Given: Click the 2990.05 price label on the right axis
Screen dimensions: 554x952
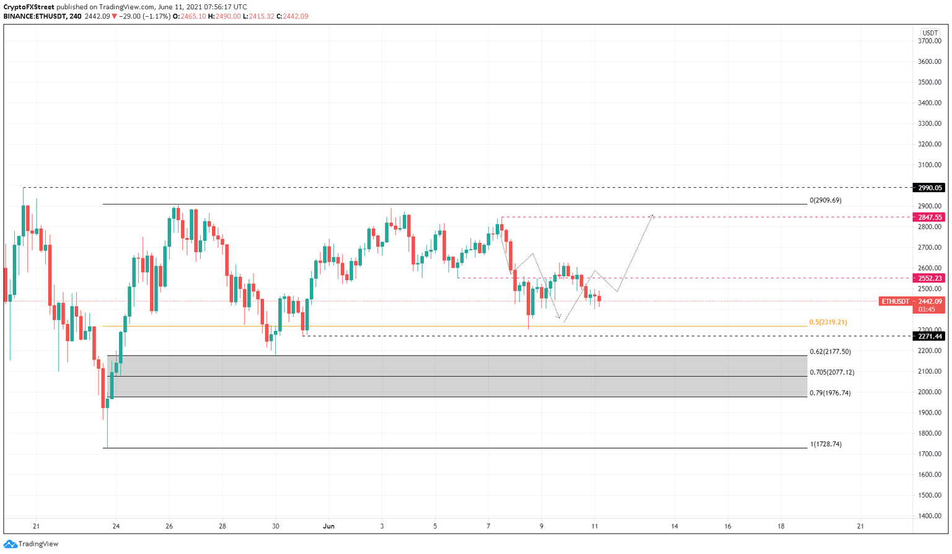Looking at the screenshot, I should (x=930, y=188).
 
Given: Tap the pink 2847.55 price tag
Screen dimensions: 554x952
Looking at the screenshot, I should (x=930, y=218).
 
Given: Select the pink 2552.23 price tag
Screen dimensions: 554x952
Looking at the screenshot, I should (x=930, y=278).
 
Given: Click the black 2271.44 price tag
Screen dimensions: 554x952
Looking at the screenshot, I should (x=930, y=336).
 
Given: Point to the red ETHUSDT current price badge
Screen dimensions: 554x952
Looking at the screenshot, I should (x=912, y=302).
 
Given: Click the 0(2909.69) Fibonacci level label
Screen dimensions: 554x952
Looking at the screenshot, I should (x=825, y=201).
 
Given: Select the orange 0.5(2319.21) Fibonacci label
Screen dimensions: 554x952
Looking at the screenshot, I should (x=828, y=323).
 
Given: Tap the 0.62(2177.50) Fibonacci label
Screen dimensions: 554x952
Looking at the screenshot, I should (x=830, y=352).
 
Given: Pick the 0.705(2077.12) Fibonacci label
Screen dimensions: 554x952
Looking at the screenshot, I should (x=832, y=372).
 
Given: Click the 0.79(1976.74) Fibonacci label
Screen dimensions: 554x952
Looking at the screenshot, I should (x=830, y=393).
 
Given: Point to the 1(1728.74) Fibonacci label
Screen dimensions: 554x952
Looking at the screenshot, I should (x=826, y=444).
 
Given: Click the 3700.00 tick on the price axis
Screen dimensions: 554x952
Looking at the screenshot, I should (x=930, y=42).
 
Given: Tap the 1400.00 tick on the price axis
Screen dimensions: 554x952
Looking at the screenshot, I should (x=930, y=516).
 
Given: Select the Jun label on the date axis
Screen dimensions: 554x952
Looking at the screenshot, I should (x=328, y=527).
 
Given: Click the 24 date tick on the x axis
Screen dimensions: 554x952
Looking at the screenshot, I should (x=116, y=527).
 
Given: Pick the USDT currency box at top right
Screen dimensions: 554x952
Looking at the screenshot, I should (x=930, y=33).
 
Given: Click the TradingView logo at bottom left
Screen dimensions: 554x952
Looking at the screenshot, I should (x=31, y=544).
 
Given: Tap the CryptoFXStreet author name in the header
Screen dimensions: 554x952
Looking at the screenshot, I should (x=29, y=7).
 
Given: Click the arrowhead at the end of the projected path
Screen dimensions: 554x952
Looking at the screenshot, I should (x=652, y=216).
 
